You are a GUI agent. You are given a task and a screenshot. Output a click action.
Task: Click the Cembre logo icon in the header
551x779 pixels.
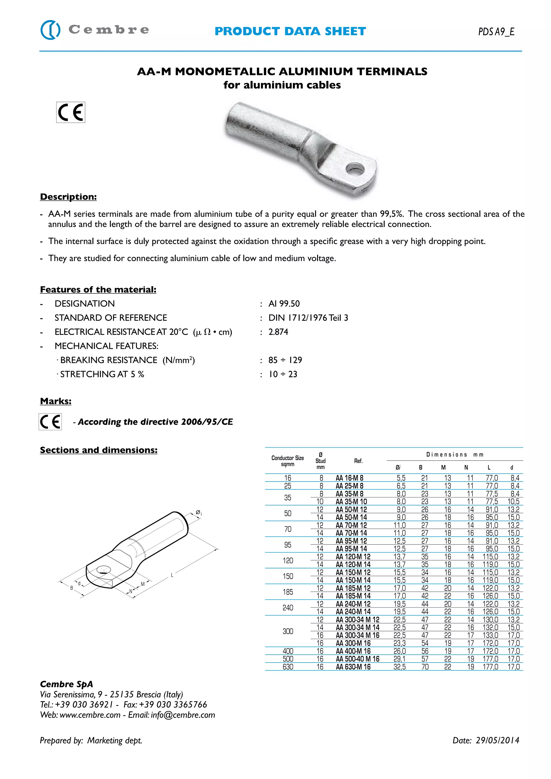tap(50, 30)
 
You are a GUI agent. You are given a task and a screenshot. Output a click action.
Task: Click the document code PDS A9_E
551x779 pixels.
tap(496, 31)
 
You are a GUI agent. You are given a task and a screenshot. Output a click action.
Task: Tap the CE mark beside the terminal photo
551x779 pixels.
tap(70, 112)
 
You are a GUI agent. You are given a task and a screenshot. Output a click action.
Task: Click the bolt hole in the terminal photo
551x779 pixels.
tap(355, 169)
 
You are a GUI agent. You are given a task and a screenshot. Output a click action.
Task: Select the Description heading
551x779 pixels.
tap(68, 197)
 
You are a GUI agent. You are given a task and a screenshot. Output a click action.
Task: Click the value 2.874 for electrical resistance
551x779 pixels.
tap(278, 332)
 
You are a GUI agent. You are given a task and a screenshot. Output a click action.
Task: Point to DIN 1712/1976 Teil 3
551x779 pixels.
tap(308, 318)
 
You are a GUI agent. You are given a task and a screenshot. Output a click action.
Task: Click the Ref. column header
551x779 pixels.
tap(358, 461)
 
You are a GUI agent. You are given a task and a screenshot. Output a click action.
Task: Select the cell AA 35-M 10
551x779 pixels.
tap(351, 501)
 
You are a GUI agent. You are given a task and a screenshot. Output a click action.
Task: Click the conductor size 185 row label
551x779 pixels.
tap(288, 592)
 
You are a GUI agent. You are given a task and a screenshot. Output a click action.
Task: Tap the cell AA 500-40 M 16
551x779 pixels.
tap(357, 659)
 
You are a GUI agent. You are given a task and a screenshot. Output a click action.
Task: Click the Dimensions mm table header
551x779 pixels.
tap(455, 455)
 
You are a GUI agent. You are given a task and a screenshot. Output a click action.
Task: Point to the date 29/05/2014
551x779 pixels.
tap(497, 740)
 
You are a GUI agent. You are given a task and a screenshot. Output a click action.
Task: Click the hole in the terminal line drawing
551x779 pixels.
tap(104, 570)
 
